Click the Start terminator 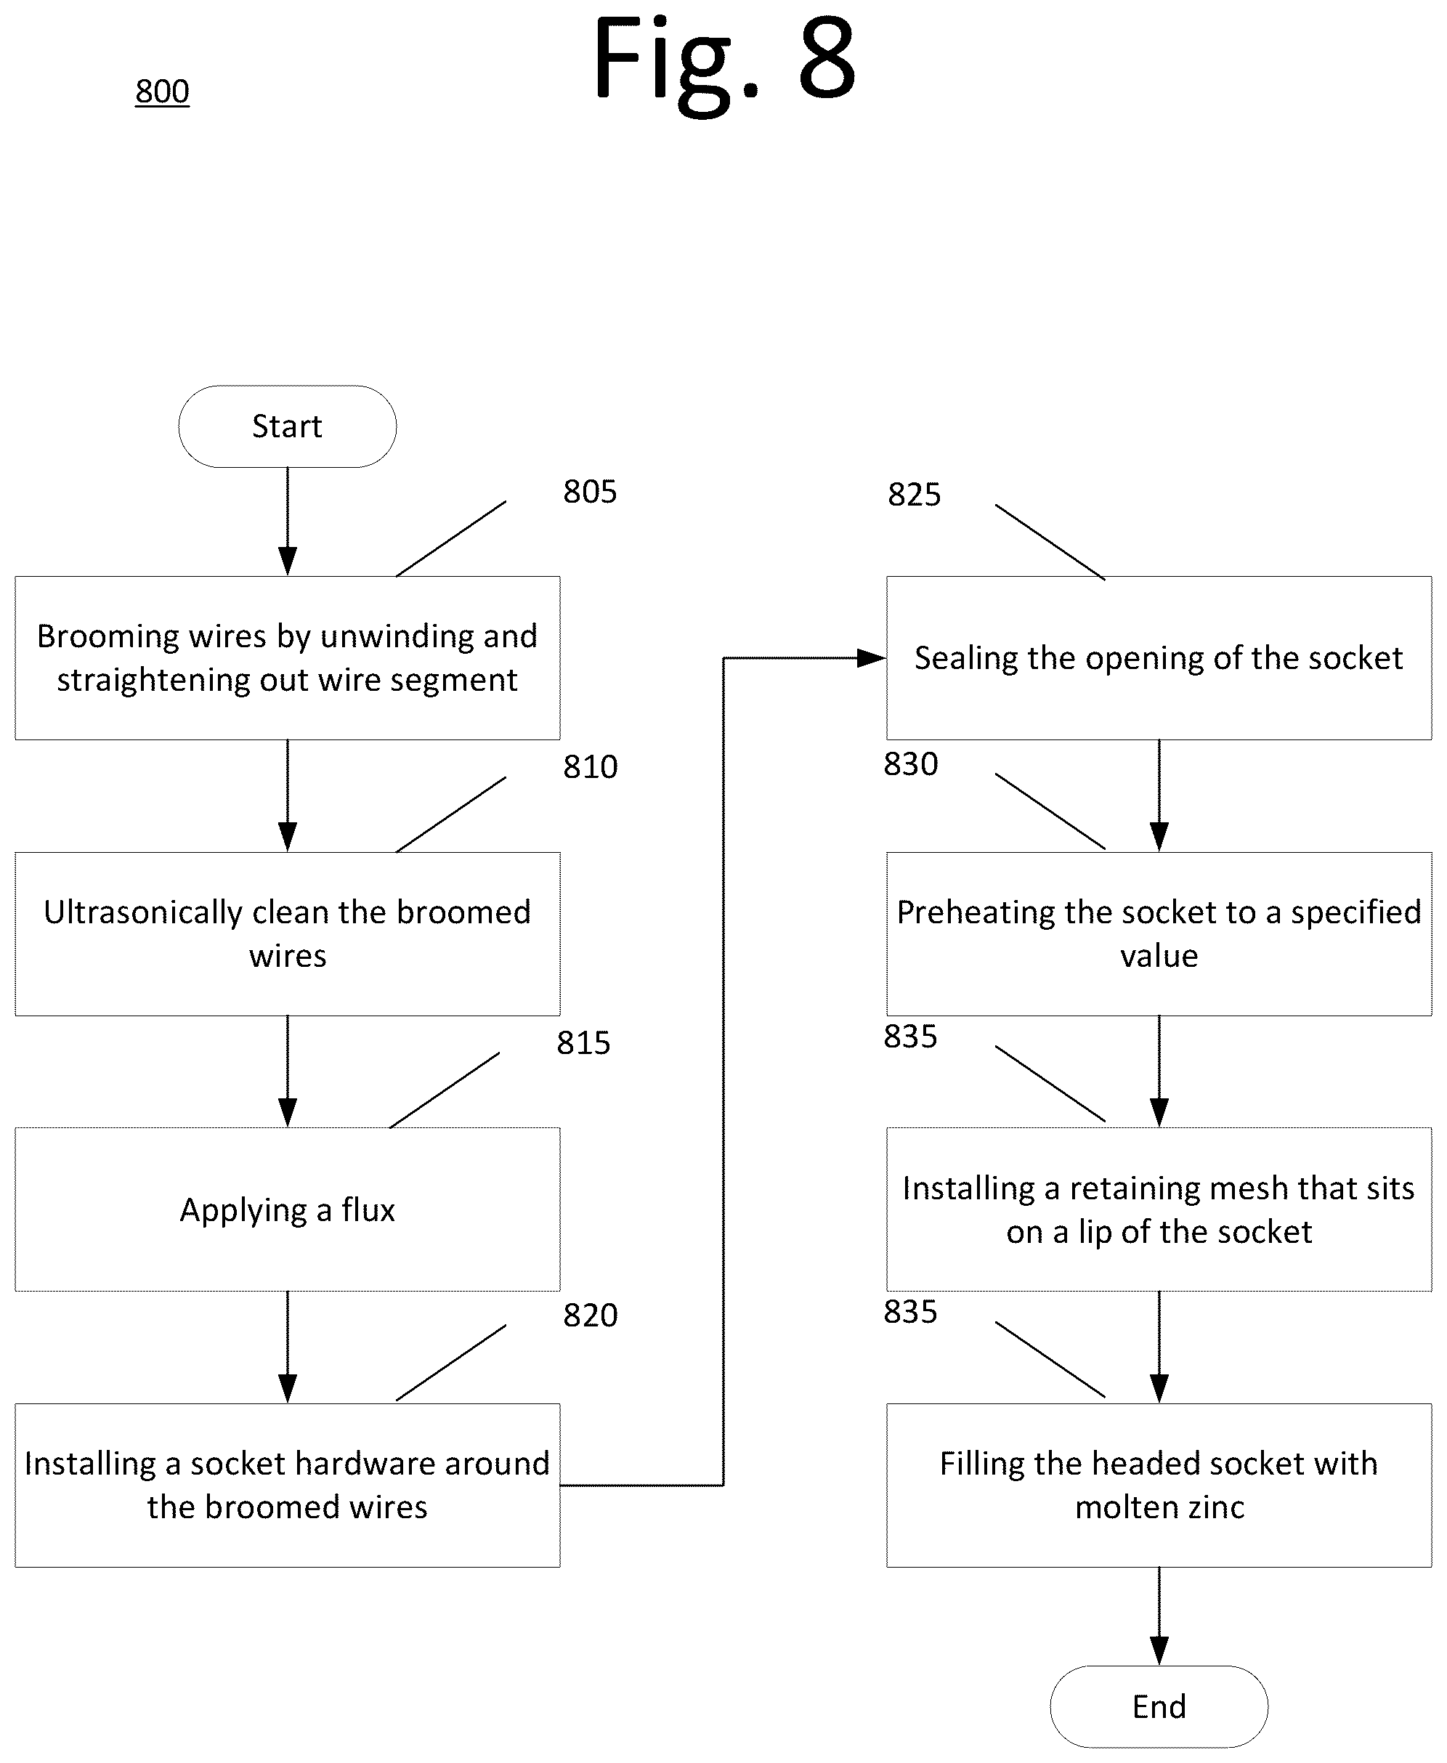pyautogui.click(x=288, y=426)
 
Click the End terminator pyautogui.click(x=1159, y=1706)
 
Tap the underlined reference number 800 pyautogui.click(x=163, y=91)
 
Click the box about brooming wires pyautogui.click(x=288, y=657)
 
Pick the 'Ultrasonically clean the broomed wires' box pyautogui.click(x=288, y=933)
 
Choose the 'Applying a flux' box pyautogui.click(x=288, y=1209)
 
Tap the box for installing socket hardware pyautogui.click(x=288, y=1486)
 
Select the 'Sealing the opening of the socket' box pyautogui.click(x=1159, y=657)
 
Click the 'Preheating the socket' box pyautogui.click(x=1159, y=933)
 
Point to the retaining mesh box pyautogui.click(x=1159, y=1209)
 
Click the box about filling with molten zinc pyautogui.click(x=1159, y=1486)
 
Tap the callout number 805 pyautogui.click(x=590, y=492)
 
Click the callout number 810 pyautogui.click(x=590, y=767)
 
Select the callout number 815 pyautogui.click(x=583, y=1043)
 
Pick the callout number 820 pyautogui.click(x=590, y=1316)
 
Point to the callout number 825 pyautogui.click(x=915, y=494)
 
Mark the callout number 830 pyautogui.click(x=911, y=763)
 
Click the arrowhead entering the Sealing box pyautogui.click(x=872, y=659)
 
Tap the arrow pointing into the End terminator pyautogui.click(x=1159, y=1616)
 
